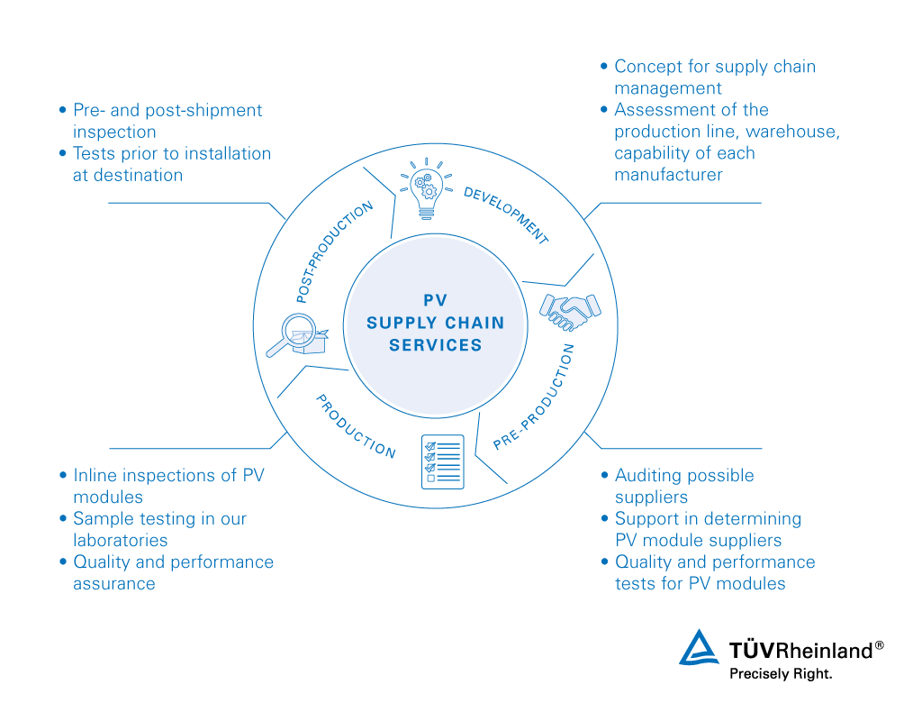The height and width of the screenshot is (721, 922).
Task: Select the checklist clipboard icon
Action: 442,461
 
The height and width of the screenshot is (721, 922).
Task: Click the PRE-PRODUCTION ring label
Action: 535,397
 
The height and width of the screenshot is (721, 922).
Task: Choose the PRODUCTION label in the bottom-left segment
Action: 356,426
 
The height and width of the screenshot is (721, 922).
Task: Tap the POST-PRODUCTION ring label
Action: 334,251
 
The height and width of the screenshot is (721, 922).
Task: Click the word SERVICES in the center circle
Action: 436,345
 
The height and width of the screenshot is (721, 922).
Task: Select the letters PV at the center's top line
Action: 436,300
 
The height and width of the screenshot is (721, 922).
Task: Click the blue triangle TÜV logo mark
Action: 701,648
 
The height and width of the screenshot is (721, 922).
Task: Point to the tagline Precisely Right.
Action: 781,673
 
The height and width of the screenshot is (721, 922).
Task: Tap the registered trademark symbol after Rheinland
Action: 880,645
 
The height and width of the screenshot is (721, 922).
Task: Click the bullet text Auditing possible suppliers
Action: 684,486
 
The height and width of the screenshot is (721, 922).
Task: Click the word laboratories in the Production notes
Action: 120,541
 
